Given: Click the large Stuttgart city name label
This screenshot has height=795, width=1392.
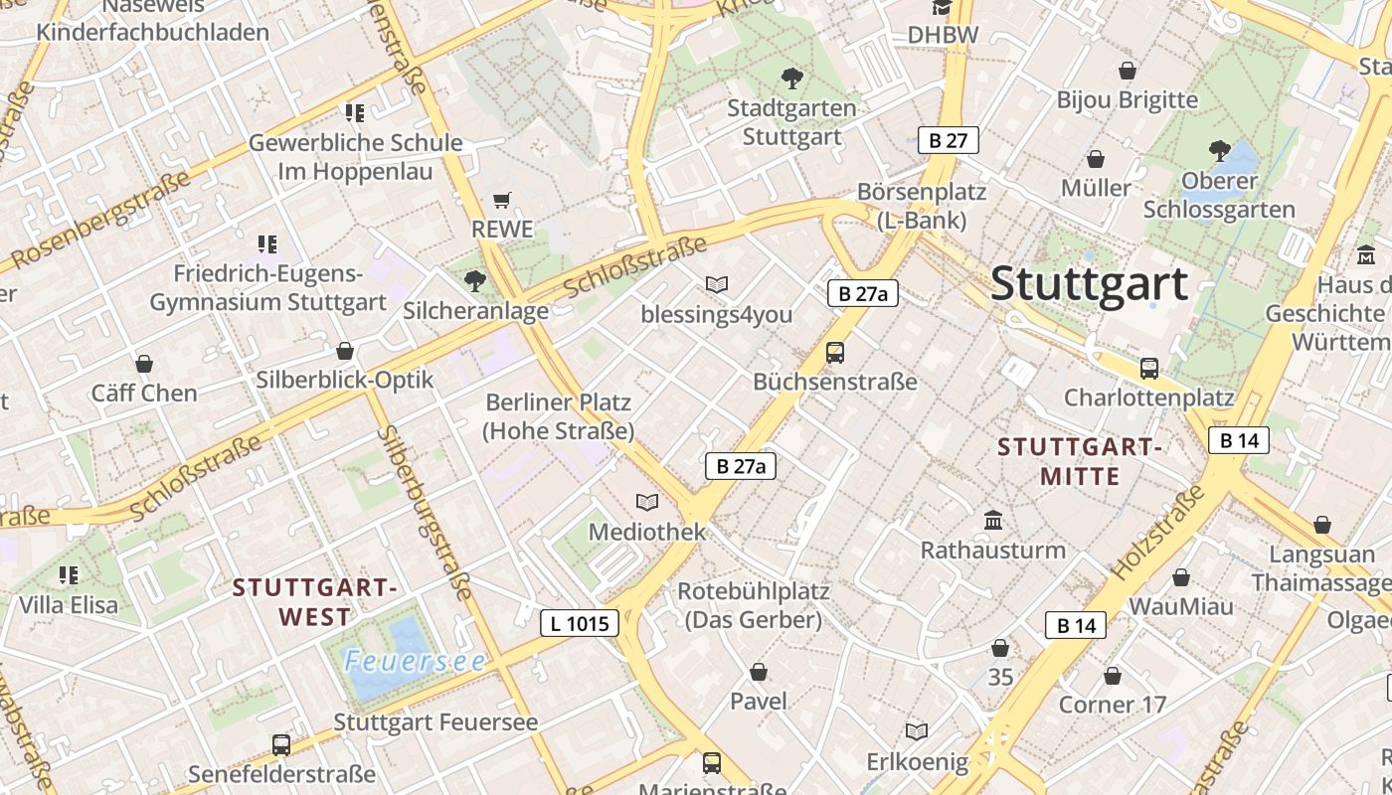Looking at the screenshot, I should pyautogui.click(x=1089, y=283).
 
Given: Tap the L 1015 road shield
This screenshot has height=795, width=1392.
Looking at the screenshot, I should pyautogui.click(x=580, y=623).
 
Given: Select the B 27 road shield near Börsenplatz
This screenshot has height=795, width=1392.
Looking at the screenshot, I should pyautogui.click(x=948, y=140).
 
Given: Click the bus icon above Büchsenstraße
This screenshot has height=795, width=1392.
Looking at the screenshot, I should pyautogui.click(x=835, y=353).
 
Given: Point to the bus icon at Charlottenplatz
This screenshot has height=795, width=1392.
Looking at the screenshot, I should pyautogui.click(x=1149, y=369).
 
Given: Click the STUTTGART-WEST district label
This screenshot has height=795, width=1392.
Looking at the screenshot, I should pyautogui.click(x=315, y=602).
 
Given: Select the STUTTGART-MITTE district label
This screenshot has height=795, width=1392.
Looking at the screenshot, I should pyautogui.click(x=1080, y=461).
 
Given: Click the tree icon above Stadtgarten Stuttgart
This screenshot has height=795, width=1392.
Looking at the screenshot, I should pyautogui.click(x=791, y=78).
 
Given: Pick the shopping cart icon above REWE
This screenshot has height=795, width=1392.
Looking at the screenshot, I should pyautogui.click(x=502, y=201).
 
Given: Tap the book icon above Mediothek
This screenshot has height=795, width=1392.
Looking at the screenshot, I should pyautogui.click(x=647, y=503).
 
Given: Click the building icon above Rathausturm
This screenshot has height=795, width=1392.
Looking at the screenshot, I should pyautogui.click(x=992, y=521).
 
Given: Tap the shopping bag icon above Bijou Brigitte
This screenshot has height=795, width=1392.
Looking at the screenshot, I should pyautogui.click(x=1128, y=71).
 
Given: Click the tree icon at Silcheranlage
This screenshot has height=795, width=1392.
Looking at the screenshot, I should pyautogui.click(x=475, y=281).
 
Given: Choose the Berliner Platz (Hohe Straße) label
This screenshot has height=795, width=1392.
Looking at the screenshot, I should pyautogui.click(x=558, y=417).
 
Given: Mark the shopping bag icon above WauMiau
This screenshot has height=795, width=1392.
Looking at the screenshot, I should pyautogui.click(x=1181, y=577).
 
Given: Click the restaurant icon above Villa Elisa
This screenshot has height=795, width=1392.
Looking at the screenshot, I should pyautogui.click(x=69, y=575).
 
